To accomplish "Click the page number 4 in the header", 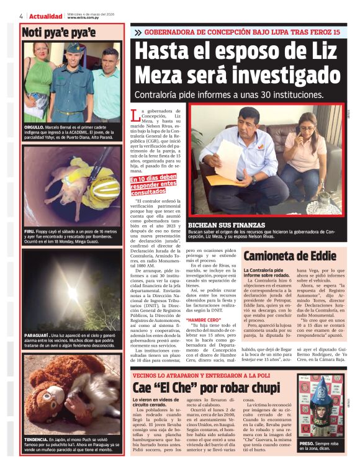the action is click(21, 16).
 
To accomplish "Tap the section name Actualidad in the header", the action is click(46, 16).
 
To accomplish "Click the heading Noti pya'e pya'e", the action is click(58, 32).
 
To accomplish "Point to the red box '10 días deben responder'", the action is click(153, 184).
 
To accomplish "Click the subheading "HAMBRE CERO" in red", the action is click(202, 319).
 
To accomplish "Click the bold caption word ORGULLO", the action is click(36, 127).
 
